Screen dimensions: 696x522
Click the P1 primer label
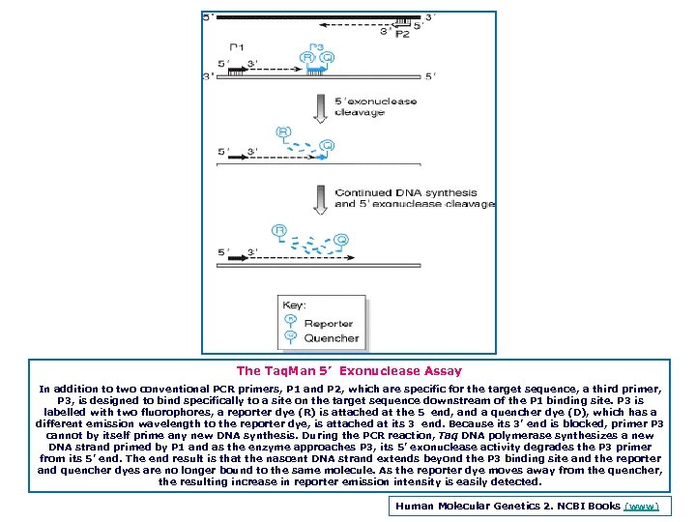point(237,46)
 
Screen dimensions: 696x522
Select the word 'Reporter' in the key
point(329,323)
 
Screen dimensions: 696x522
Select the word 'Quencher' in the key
point(332,338)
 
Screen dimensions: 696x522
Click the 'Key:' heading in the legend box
point(294,304)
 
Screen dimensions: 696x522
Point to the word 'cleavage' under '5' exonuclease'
point(361,112)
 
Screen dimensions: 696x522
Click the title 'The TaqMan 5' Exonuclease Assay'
point(349,370)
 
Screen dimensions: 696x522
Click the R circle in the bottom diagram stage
point(279,231)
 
